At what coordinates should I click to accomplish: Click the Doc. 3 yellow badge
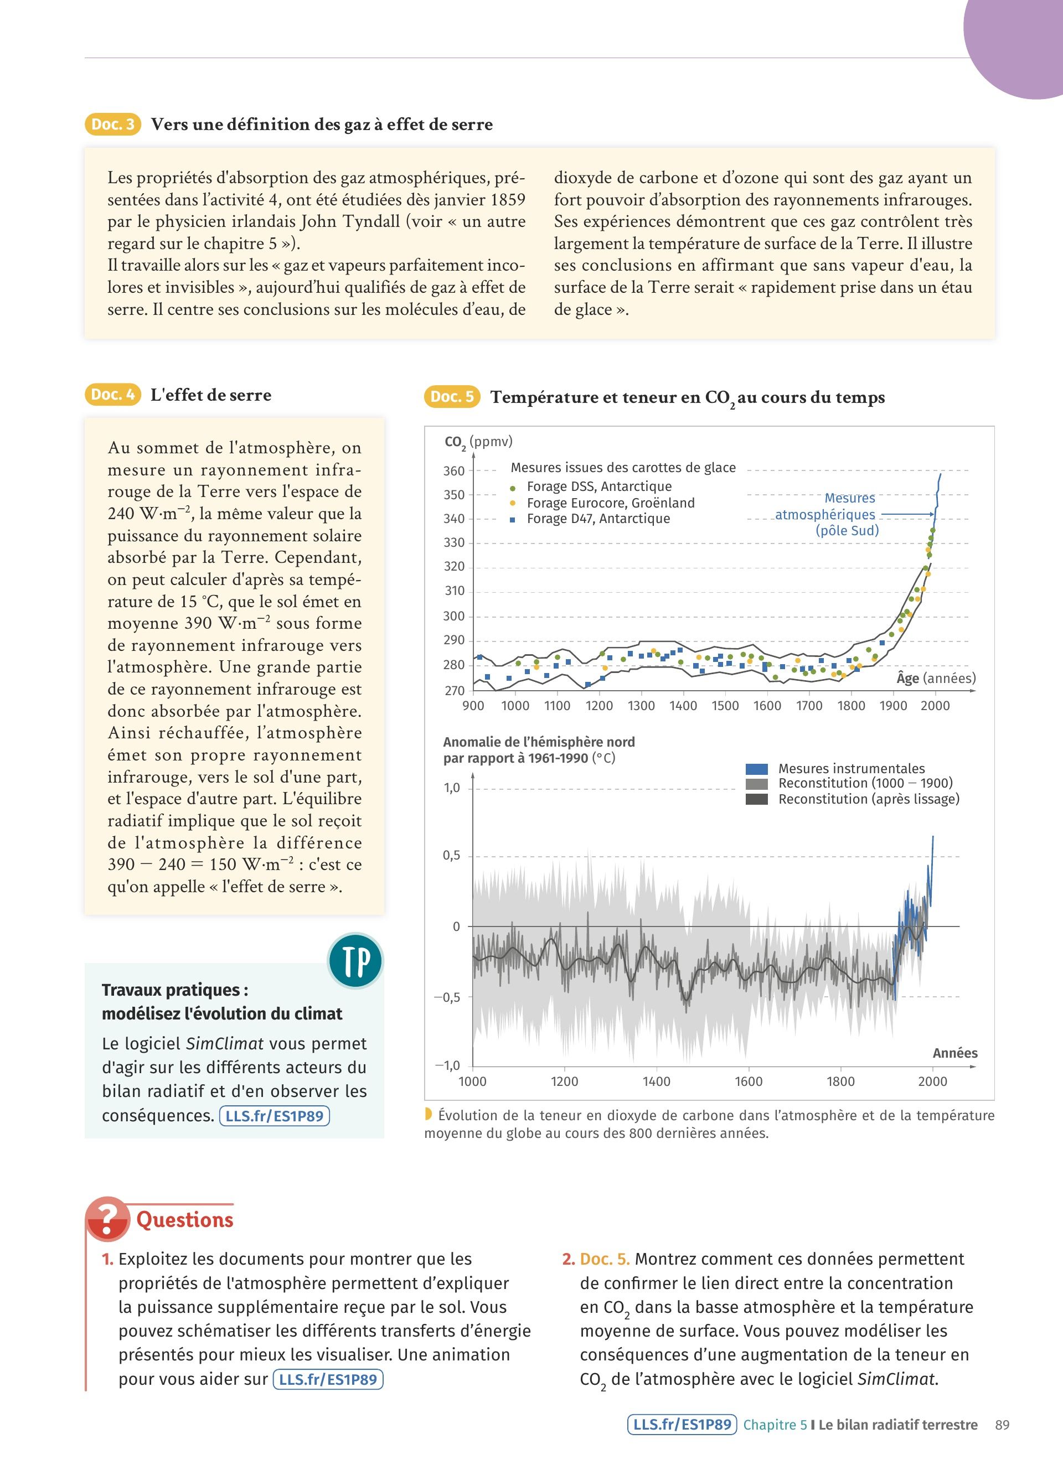tap(113, 124)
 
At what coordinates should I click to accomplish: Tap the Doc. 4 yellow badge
tap(112, 394)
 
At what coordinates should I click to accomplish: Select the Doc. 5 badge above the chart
tap(452, 396)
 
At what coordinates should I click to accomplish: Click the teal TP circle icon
tap(356, 961)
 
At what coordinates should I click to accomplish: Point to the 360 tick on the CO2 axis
tap(454, 470)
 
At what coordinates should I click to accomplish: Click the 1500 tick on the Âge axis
tap(725, 706)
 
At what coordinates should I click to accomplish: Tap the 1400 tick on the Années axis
tap(656, 1081)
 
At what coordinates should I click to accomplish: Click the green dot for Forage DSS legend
tap(513, 488)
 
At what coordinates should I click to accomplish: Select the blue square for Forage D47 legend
tap(513, 519)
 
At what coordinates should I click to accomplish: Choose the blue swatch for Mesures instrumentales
tap(756, 769)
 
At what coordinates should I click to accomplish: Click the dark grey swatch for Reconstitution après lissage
tap(756, 799)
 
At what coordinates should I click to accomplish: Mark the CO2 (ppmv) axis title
tap(478, 442)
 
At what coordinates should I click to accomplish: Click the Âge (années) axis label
tap(935, 678)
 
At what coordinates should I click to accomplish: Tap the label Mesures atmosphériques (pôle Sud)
tap(836, 515)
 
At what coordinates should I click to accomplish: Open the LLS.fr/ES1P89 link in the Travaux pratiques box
tap(274, 1116)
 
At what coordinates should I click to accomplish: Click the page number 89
tap(1002, 1425)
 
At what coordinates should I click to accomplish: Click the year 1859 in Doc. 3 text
tap(508, 200)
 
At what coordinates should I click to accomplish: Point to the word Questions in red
tap(185, 1220)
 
